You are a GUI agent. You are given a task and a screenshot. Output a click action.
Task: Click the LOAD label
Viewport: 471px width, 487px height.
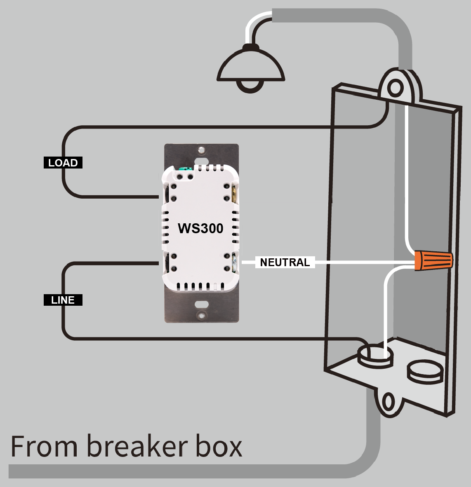pyautogui.click(x=63, y=163)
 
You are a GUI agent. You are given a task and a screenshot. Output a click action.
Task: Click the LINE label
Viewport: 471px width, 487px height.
pyautogui.click(x=63, y=300)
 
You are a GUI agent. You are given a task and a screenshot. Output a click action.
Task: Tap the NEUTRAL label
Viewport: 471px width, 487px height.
pyautogui.click(x=285, y=262)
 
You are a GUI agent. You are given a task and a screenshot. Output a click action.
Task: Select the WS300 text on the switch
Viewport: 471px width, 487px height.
pyautogui.click(x=200, y=228)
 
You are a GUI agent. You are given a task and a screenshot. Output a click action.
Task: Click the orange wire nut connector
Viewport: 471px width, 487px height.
pyautogui.click(x=433, y=260)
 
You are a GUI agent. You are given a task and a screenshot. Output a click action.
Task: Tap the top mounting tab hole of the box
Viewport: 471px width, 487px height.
pyautogui.click(x=395, y=88)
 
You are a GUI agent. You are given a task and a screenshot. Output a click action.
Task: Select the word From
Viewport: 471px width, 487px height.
pyautogui.click(x=44, y=446)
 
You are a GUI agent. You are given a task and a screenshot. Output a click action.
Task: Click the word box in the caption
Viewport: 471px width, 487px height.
pyautogui.click(x=219, y=446)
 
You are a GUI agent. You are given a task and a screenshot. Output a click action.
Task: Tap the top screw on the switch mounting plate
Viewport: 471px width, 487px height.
pyautogui.click(x=201, y=149)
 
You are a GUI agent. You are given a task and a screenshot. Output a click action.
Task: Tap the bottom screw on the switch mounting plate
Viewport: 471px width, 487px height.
pyautogui.click(x=201, y=316)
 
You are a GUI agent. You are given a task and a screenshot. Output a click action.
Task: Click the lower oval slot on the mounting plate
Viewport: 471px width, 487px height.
pyautogui.click(x=201, y=305)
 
